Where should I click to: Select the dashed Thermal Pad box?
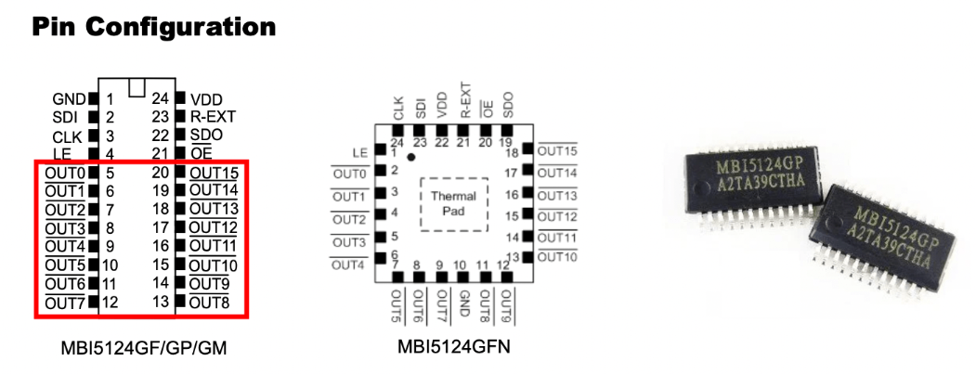454,202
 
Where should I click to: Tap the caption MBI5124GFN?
452,348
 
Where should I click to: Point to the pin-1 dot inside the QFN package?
411,159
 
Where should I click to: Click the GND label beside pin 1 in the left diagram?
69,98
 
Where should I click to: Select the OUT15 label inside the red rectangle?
214,173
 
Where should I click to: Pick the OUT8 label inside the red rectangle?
209,303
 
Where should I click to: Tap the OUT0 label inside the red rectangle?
64,173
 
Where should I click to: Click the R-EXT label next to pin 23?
213,117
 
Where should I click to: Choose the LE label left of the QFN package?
361,152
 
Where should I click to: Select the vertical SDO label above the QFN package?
507,103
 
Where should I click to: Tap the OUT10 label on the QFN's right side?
557,257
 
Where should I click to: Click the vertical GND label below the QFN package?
461,304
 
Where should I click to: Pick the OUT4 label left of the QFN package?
349,265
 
